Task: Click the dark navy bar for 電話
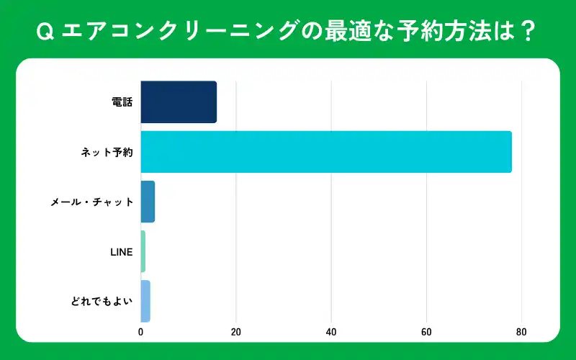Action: (179, 102)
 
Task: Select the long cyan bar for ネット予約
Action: (325, 152)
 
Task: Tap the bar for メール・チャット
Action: (148, 202)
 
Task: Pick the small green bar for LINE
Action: (143, 251)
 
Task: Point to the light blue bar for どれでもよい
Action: (145, 301)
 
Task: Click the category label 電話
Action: (122, 102)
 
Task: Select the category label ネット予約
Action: (107, 152)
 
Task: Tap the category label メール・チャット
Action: (92, 202)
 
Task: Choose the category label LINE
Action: (122, 251)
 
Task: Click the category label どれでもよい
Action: (102, 301)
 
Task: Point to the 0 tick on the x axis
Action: (140, 332)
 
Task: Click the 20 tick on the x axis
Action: (235, 332)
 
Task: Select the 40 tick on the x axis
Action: (331, 332)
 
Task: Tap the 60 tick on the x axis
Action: (426, 332)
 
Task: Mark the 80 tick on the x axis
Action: (521, 332)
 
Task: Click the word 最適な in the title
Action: (352, 32)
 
